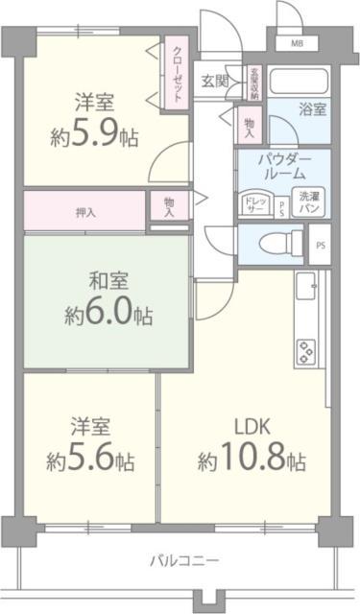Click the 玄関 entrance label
pyautogui.click(x=213, y=81)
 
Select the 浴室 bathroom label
pyautogui.click(x=311, y=108)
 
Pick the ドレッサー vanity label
pyautogui.click(x=254, y=203)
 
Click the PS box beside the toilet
pyautogui.click(x=321, y=245)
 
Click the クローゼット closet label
pyautogui.click(x=179, y=75)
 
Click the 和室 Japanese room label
pyautogui.click(x=108, y=284)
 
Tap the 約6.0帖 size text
pyautogui.click(x=108, y=314)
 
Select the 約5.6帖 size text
pyautogui.click(x=91, y=460)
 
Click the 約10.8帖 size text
pyautogui.click(x=252, y=460)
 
